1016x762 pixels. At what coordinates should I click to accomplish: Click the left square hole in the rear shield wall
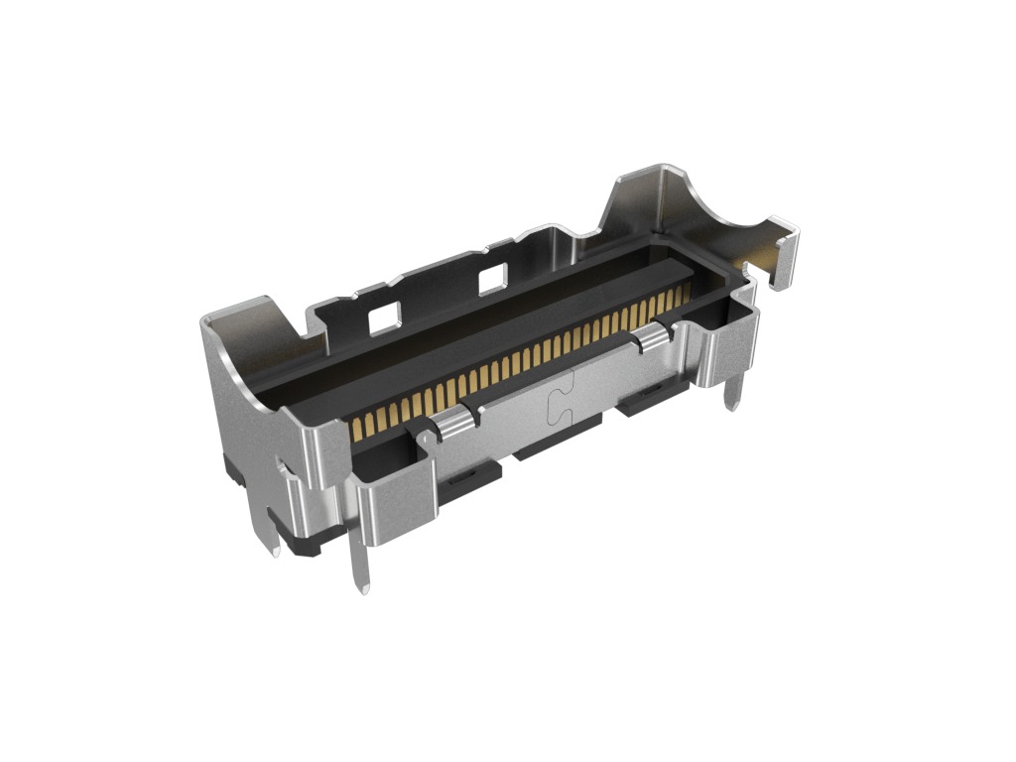pos(382,318)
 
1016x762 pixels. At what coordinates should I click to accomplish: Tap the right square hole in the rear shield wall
pos(493,280)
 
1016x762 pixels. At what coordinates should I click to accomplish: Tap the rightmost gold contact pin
pos(686,293)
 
